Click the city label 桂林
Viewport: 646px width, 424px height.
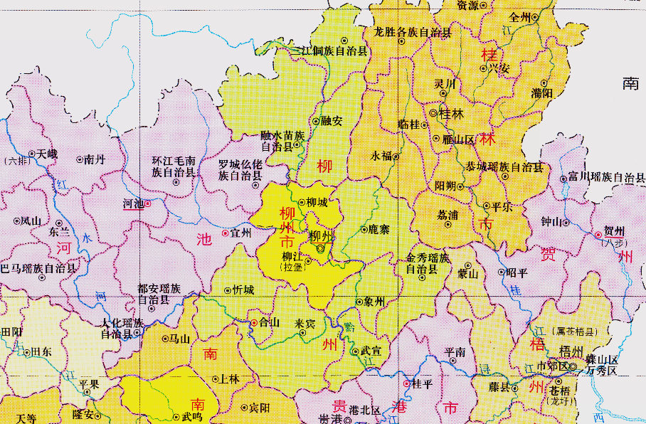click(452, 113)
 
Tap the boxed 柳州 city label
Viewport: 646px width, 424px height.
click(322, 235)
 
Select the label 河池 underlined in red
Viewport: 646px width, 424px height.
click(134, 204)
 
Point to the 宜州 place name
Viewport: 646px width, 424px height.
click(241, 233)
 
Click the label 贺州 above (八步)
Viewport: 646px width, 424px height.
click(614, 231)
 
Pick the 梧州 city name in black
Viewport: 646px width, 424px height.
click(571, 351)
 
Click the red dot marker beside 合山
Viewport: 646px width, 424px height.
click(254, 323)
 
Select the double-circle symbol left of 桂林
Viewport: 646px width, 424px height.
click(433, 113)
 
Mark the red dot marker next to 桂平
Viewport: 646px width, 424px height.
click(406, 384)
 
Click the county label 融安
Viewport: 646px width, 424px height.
click(332, 121)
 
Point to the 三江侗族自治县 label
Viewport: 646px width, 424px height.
click(331, 51)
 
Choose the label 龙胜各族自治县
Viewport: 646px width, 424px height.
click(413, 32)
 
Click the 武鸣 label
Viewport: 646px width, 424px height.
click(191, 417)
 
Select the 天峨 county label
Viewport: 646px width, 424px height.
click(48, 153)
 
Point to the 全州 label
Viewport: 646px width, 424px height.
click(521, 16)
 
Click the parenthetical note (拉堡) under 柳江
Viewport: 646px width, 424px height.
click(292, 267)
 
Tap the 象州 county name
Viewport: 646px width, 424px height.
click(374, 302)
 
